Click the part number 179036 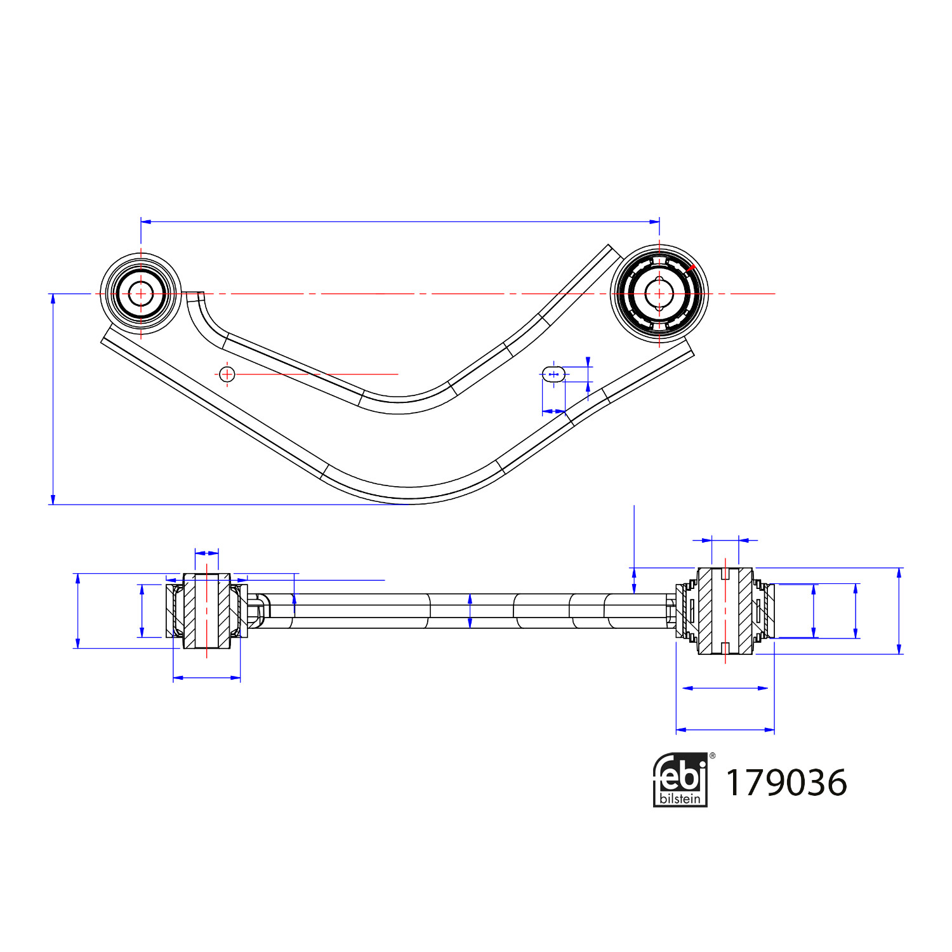pyautogui.click(x=786, y=783)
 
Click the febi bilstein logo pyautogui.click(x=680, y=780)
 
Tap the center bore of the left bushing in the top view pyautogui.click(x=140, y=294)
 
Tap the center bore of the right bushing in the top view pyautogui.click(x=659, y=294)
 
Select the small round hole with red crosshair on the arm pyautogui.click(x=227, y=374)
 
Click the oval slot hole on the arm pyautogui.click(x=553, y=374)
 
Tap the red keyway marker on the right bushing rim pyautogui.click(x=691, y=268)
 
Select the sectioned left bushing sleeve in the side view pyautogui.click(x=207, y=611)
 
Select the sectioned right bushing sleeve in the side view pyautogui.click(x=725, y=611)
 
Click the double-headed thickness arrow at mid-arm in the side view pyautogui.click(x=470, y=611)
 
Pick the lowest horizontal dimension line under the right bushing pyautogui.click(x=725, y=730)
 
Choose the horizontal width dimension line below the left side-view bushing pyautogui.click(x=207, y=678)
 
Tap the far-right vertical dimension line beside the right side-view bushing pyautogui.click(x=899, y=611)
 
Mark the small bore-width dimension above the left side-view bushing pyautogui.click(x=207, y=553)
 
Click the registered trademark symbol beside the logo pyautogui.click(x=712, y=756)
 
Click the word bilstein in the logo pyautogui.click(x=680, y=798)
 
